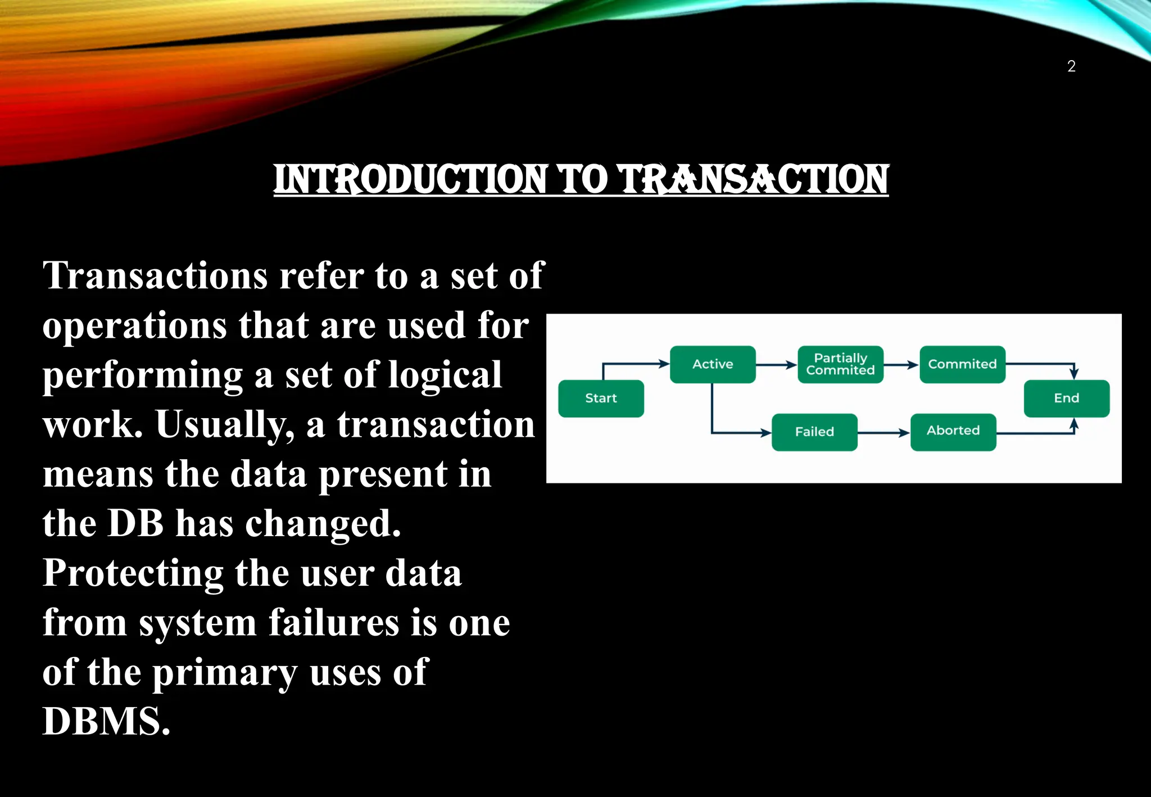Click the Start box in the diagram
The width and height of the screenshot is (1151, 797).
pyautogui.click(x=601, y=398)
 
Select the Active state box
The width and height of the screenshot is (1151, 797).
pyautogui.click(x=713, y=364)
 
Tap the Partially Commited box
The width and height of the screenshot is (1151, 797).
pyautogui.click(x=840, y=364)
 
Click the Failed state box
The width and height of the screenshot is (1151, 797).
pyautogui.click(x=814, y=432)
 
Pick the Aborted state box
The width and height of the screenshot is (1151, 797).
pyautogui.click(x=953, y=432)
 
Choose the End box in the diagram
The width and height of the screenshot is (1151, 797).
pyautogui.click(x=1066, y=398)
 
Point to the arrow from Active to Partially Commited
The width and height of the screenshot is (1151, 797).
pyautogui.click(x=776, y=365)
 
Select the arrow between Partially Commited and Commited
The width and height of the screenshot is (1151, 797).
pyautogui.click(x=901, y=365)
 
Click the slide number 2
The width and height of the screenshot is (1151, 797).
pyautogui.click(x=1071, y=66)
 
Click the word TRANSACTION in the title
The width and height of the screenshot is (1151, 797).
pyautogui.click(x=753, y=180)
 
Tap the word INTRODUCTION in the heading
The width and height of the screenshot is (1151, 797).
pyautogui.click(x=410, y=180)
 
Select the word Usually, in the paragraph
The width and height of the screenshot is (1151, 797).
pyautogui.click(x=225, y=424)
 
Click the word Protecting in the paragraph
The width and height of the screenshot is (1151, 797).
pyautogui.click(x=133, y=574)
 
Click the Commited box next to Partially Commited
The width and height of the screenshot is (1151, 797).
pyautogui.click(x=962, y=364)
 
